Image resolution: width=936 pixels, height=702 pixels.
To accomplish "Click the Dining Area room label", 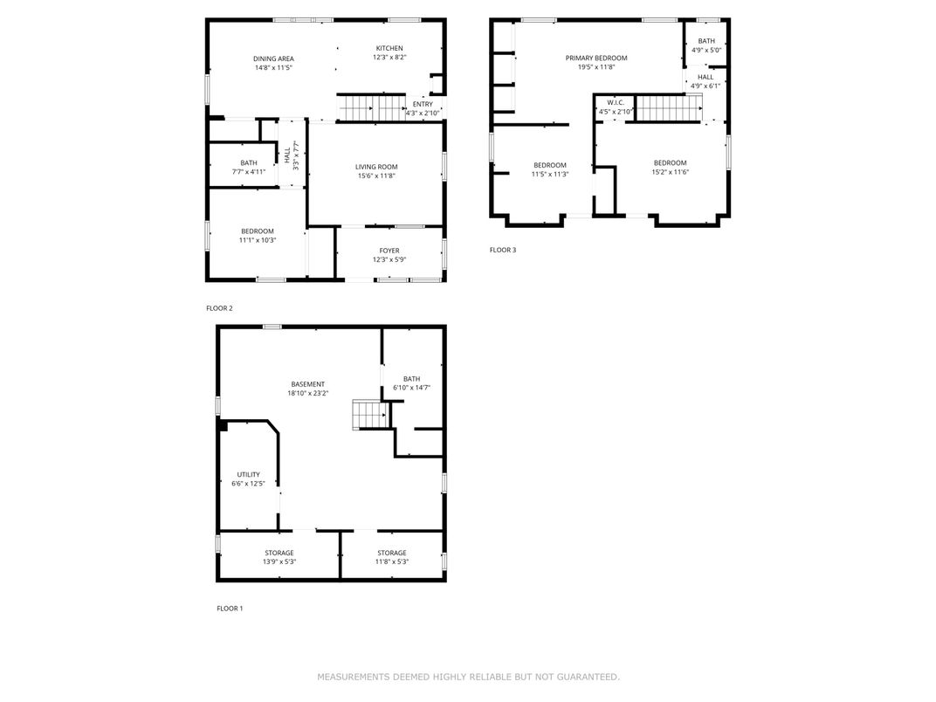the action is [273, 58].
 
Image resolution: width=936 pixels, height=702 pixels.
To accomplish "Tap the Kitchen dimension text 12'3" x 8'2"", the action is [389, 58].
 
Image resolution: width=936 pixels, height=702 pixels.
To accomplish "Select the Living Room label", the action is [376, 167].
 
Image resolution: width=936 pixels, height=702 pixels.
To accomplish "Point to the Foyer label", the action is [389, 251].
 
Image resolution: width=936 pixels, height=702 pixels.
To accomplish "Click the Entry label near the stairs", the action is [423, 104].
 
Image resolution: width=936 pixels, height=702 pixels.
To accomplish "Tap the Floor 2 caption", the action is [219, 308].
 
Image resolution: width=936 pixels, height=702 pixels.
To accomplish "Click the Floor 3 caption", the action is [503, 250].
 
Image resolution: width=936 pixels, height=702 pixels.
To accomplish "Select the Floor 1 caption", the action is [230, 609].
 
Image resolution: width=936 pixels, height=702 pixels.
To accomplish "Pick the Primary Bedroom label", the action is [596, 58].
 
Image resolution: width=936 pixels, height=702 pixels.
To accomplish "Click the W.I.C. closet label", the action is [616, 103].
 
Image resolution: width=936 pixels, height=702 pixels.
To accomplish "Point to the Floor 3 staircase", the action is [669, 108].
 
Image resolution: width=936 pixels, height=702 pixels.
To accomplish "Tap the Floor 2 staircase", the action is [373, 108].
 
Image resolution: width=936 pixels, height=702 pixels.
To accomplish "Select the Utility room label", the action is [248, 475].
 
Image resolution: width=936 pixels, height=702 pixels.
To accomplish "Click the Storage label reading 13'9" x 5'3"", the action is [279, 557].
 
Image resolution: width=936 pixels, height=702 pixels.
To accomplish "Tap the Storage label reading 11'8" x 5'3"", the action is [391, 557].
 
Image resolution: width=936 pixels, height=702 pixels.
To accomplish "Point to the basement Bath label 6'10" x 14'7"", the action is [412, 383].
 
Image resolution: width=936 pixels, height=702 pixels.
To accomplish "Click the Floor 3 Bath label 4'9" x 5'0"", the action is [706, 45].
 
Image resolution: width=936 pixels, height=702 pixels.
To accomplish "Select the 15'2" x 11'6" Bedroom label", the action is [671, 167].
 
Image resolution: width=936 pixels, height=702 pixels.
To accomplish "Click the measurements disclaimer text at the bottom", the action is [469, 677].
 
